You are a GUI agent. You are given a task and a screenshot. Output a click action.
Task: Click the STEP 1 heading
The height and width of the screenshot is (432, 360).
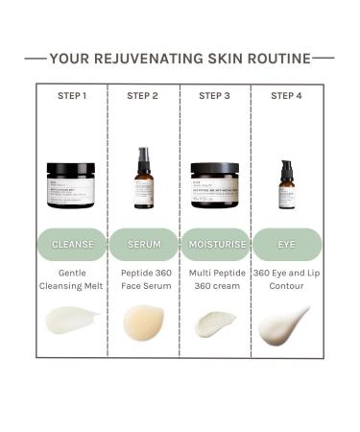pos(71,95)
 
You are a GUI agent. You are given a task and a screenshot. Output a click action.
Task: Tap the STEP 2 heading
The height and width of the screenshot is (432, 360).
pos(143,95)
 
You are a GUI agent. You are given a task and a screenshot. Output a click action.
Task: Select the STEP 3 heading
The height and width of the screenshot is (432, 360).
pos(214,95)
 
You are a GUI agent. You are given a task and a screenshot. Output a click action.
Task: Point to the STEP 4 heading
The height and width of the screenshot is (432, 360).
pos(286,95)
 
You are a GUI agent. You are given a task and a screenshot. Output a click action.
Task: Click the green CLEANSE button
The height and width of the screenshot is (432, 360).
pos(72,244)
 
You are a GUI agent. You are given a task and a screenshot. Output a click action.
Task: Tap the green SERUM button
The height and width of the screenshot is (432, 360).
pos(144,244)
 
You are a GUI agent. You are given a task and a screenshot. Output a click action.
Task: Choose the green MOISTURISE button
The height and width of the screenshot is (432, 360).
pos(215,244)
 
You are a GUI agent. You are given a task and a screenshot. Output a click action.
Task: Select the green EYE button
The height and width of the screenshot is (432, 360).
pos(286,244)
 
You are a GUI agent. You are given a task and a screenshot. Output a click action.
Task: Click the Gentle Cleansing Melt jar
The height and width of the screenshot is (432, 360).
pos(71,184)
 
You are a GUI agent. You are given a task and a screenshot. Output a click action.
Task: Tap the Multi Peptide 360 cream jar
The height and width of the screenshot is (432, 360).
pos(215,184)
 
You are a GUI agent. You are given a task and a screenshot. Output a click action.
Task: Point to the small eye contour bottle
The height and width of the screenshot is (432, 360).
pos(286,184)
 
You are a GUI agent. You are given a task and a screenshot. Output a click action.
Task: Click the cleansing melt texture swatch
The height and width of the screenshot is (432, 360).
pos(72,320)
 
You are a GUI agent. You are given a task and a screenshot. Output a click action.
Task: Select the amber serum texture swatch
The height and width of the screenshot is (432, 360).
pos(144,322)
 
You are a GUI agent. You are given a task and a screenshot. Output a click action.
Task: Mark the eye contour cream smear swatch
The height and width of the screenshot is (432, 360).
pos(285,324)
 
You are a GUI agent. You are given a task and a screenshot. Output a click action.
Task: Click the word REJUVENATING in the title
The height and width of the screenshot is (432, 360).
pos(156,58)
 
